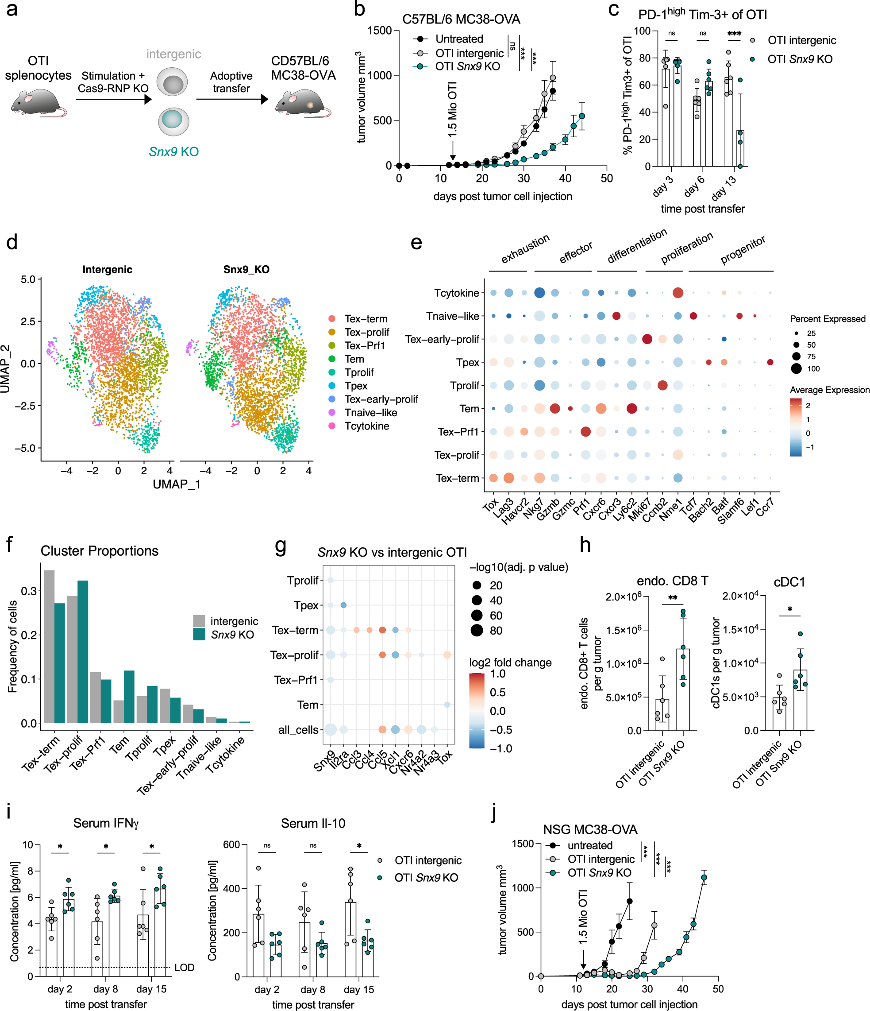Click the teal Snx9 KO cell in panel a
(173, 121)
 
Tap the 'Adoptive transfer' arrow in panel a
(231, 99)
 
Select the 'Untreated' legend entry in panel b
(458, 39)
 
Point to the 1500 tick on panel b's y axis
(380, 31)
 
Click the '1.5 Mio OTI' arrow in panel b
(453, 149)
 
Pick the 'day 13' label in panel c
(724, 187)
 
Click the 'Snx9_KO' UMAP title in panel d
(246, 269)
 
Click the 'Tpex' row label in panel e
(468, 363)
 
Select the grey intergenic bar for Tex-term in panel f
(49, 647)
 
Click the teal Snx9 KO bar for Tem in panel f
(129, 697)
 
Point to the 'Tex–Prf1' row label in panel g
(296, 680)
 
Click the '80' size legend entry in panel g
(496, 631)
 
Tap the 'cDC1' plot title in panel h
(789, 582)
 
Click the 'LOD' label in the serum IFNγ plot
(185, 968)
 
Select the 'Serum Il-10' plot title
(313, 824)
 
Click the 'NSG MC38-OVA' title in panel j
(590, 829)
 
